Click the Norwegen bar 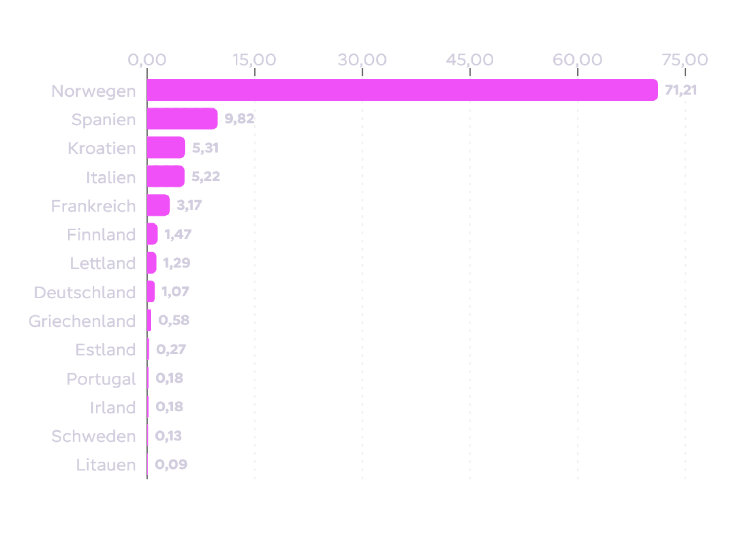coord(403,90)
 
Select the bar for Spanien coord(183,119)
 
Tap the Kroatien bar coord(166,148)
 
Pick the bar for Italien coord(166,177)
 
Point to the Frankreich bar coord(159,205)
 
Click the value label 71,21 coord(681,90)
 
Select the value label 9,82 coord(239,119)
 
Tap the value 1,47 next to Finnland coord(178,234)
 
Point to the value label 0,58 coord(174,320)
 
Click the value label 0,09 coord(171,465)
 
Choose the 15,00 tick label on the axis coord(254,60)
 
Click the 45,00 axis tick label coord(470,60)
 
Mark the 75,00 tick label coord(685,60)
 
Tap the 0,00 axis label coord(147,60)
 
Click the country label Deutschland coord(85,292)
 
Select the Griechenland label coord(82,321)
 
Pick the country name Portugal coord(101,379)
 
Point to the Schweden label coord(94,437)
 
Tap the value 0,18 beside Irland coord(169,407)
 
